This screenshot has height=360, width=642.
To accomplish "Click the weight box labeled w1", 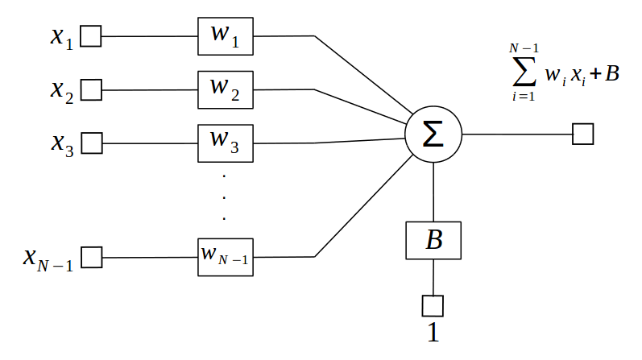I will pos(226,36).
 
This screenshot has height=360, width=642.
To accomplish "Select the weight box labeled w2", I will pos(226,90).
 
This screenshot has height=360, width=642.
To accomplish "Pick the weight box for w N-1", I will pos(226,257).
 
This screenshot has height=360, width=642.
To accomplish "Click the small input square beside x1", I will pos(91,37).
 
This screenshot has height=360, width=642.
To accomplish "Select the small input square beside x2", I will pos(91,90).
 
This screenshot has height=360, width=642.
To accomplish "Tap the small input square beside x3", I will pos(92,143).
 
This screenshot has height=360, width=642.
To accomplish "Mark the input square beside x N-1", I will pos(92,258).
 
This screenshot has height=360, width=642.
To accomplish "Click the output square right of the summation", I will pos(582,134).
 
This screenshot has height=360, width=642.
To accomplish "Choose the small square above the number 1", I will pos(433,305).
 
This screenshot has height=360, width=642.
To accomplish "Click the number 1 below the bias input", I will pos(433,333).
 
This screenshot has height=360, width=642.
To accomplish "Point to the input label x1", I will pos(61,39).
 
